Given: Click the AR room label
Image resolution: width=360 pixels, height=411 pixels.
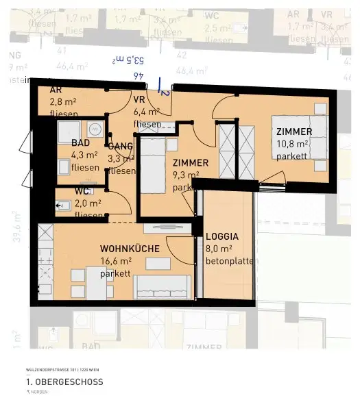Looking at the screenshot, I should point(56,90).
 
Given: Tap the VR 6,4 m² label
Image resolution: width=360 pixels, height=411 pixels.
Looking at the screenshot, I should point(147,111).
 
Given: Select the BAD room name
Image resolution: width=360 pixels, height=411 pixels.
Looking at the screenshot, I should point(81,142).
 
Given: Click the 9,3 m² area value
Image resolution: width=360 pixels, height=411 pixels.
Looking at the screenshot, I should point(185,175).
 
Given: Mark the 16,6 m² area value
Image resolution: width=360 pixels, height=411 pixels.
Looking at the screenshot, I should point(115,261).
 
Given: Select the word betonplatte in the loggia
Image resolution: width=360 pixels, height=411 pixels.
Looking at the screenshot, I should point(230,261).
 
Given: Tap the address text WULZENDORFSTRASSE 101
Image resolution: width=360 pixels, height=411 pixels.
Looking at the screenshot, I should point(49,370).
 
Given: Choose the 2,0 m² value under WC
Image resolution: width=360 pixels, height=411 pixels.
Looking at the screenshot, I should point(88,203).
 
